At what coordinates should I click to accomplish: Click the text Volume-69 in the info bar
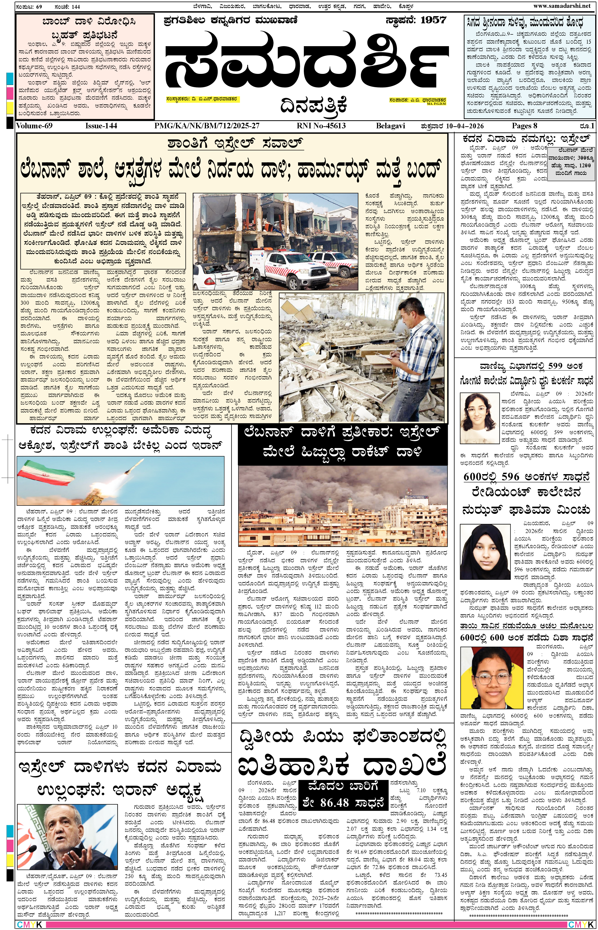(35, 126)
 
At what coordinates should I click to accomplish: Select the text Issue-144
(101, 126)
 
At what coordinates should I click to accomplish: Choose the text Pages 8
(524, 126)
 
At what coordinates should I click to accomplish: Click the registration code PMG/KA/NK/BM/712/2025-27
(206, 126)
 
